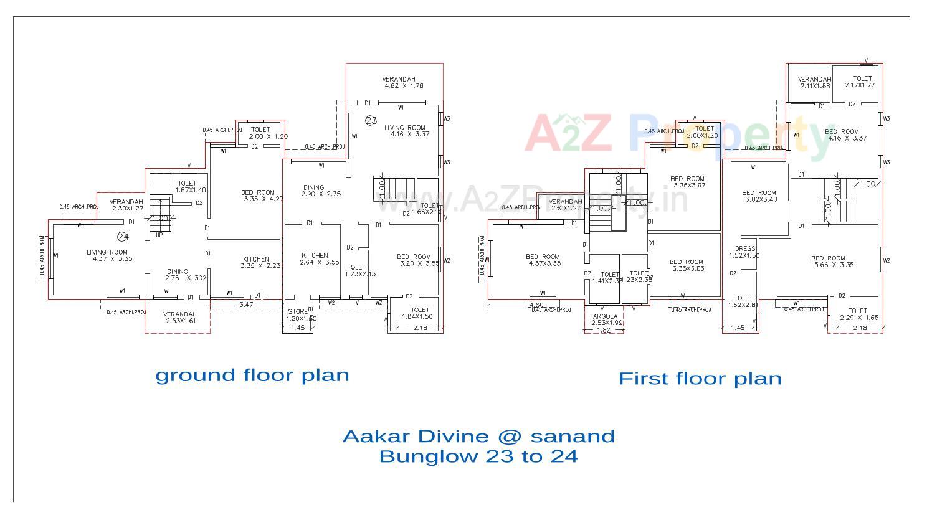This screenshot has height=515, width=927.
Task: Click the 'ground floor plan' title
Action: coord(252,375)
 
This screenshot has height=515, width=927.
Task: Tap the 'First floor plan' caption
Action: coord(700,379)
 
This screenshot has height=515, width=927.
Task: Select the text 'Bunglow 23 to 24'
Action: coord(478,456)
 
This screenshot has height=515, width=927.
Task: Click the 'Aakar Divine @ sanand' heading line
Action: coord(478,436)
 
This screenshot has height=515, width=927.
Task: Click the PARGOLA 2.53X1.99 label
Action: coord(603,319)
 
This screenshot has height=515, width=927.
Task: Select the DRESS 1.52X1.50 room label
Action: coord(744,252)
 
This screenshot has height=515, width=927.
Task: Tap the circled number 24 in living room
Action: coord(123,237)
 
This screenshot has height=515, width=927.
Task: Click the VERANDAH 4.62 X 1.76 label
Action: coord(399,82)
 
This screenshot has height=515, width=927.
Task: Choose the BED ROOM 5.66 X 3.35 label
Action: coord(828,262)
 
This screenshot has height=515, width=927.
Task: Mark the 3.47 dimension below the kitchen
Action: coord(246,305)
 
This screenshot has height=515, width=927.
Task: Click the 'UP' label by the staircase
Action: coord(159,235)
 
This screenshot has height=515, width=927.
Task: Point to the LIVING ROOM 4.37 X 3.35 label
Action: coord(110,255)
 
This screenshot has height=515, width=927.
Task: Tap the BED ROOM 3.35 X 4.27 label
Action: coord(258,196)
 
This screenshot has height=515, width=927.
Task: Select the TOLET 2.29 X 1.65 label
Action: coord(858,314)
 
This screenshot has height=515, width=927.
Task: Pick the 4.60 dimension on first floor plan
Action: coord(536,305)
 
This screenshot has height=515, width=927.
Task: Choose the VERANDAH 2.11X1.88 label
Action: coord(814,82)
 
